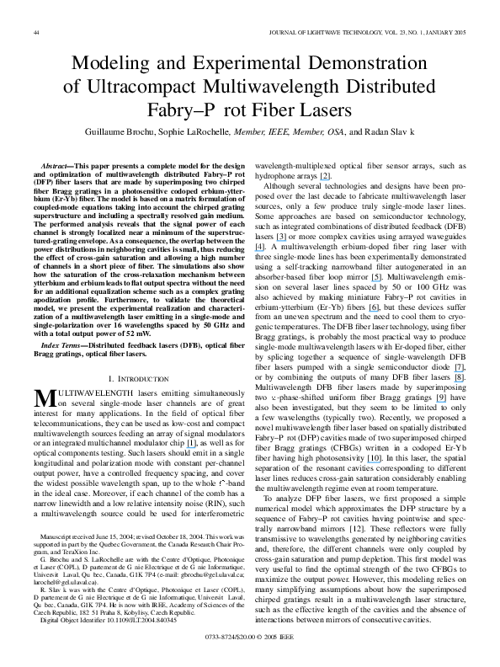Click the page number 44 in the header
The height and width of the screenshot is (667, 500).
pyautogui.click(x=38, y=33)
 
